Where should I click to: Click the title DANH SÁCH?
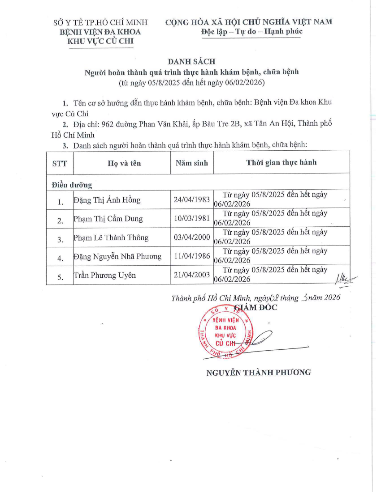pyautogui.click(x=191, y=62)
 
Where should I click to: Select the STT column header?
pyautogui.click(x=60, y=163)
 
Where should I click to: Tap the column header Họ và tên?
pyautogui.click(x=124, y=163)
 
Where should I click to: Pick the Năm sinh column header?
pyautogui.click(x=192, y=163)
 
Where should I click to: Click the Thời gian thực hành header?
pyautogui.click(x=281, y=162)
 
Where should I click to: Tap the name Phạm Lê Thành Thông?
pyautogui.click(x=111, y=238)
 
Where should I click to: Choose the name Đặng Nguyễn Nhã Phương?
pyautogui.click(x=117, y=256)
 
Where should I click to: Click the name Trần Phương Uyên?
pyautogui.click(x=104, y=276)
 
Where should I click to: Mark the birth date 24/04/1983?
pyautogui.click(x=192, y=199)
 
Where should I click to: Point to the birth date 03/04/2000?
pyautogui.click(x=192, y=237)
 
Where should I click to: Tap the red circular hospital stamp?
pyautogui.click(x=226, y=331)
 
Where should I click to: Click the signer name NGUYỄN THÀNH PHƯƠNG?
pyautogui.click(x=258, y=372)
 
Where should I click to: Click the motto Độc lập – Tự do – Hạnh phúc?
pyautogui.click(x=252, y=31)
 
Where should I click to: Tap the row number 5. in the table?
pyautogui.click(x=61, y=277)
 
